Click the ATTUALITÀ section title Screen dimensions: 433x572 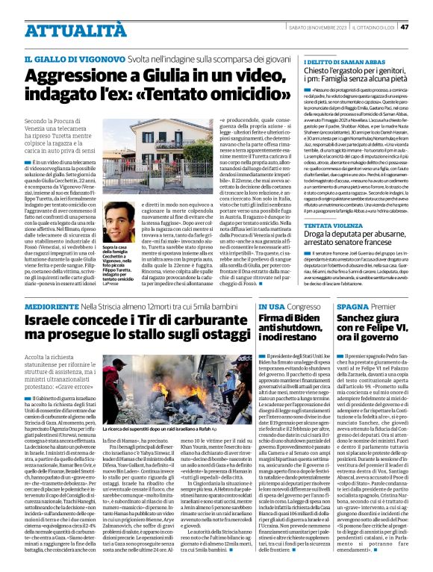(x=66, y=31)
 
